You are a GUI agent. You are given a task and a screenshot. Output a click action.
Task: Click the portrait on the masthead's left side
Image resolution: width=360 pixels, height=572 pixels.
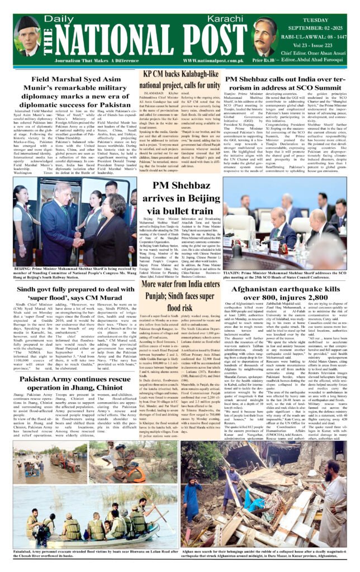pyautogui.click(x=27, y=36)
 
